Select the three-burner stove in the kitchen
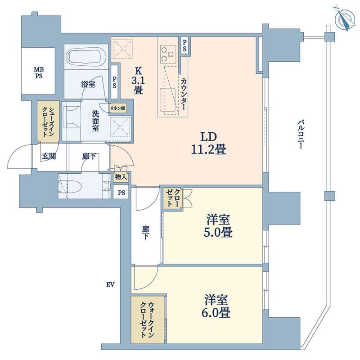tap(168, 54)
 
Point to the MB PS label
tap(39, 72)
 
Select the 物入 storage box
tap(121, 177)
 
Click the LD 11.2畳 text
tap(209, 144)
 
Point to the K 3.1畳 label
tap(138, 81)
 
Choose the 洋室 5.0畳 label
tap(218, 226)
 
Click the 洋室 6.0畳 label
tap(216, 306)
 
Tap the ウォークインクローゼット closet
tap(148, 320)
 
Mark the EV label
tap(110, 285)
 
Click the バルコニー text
tap(301, 134)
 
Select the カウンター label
tap(184, 94)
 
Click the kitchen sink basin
tap(167, 99)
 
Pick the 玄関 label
tap(49, 156)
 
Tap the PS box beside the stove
tap(184, 46)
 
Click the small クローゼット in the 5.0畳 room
tap(172, 198)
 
